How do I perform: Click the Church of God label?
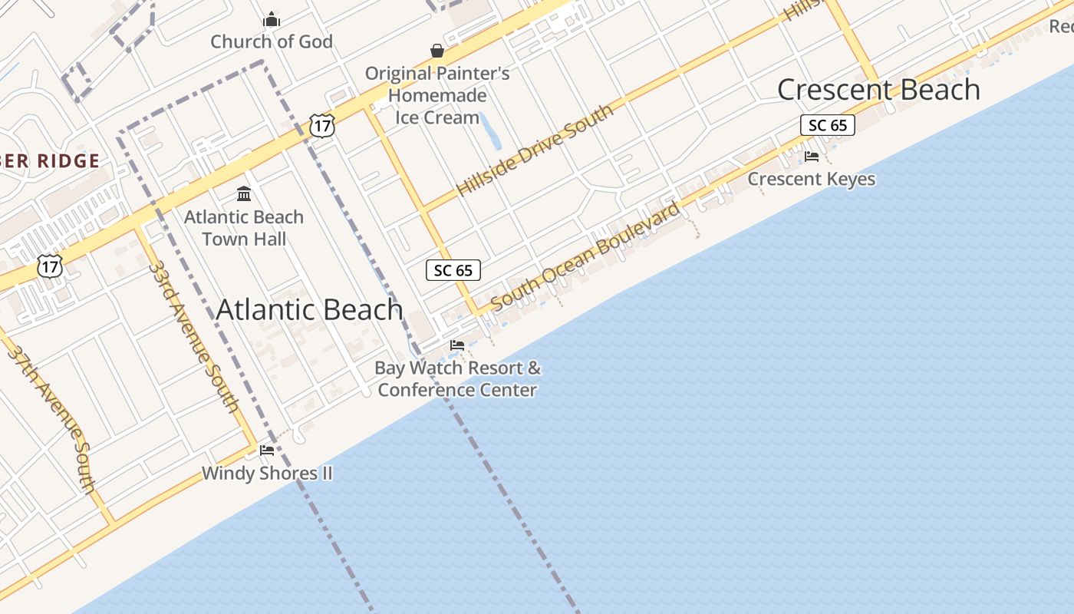(272, 41)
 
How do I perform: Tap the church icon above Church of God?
(272, 19)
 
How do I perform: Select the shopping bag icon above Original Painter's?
(437, 51)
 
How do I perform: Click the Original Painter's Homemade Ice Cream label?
(437, 95)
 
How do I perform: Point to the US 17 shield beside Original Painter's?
(323, 126)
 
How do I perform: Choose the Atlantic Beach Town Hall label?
(244, 228)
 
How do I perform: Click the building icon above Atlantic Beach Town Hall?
(244, 193)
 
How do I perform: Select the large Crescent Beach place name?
(878, 90)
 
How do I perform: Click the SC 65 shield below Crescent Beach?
(827, 125)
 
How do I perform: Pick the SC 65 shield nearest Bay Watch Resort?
(453, 270)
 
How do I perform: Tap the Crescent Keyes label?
(811, 180)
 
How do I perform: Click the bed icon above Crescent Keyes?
(811, 157)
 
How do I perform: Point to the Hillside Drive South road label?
(535, 150)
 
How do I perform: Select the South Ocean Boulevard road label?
(585, 256)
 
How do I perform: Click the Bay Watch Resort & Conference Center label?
(457, 378)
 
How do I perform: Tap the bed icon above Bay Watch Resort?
(457, 345)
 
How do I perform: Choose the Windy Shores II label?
(267, 473)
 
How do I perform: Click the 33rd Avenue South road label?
(193, 336)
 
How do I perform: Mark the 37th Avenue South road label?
(52, 418)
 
